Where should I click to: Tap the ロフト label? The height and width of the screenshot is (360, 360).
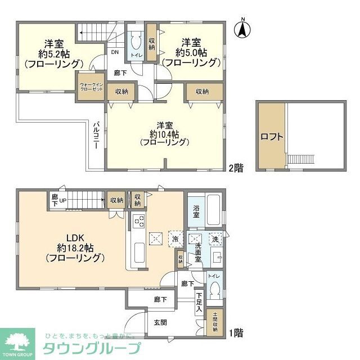[271, 136]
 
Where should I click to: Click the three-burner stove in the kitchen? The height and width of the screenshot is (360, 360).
[139, 222]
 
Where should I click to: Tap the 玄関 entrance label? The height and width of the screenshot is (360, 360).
[160, 323]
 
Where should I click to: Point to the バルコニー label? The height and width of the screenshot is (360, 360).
[96, 136]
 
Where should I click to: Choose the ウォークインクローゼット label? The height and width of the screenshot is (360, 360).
[91, 87]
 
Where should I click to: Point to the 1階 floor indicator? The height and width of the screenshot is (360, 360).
[235, 332]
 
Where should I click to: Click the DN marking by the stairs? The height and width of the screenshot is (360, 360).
[114, 53]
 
